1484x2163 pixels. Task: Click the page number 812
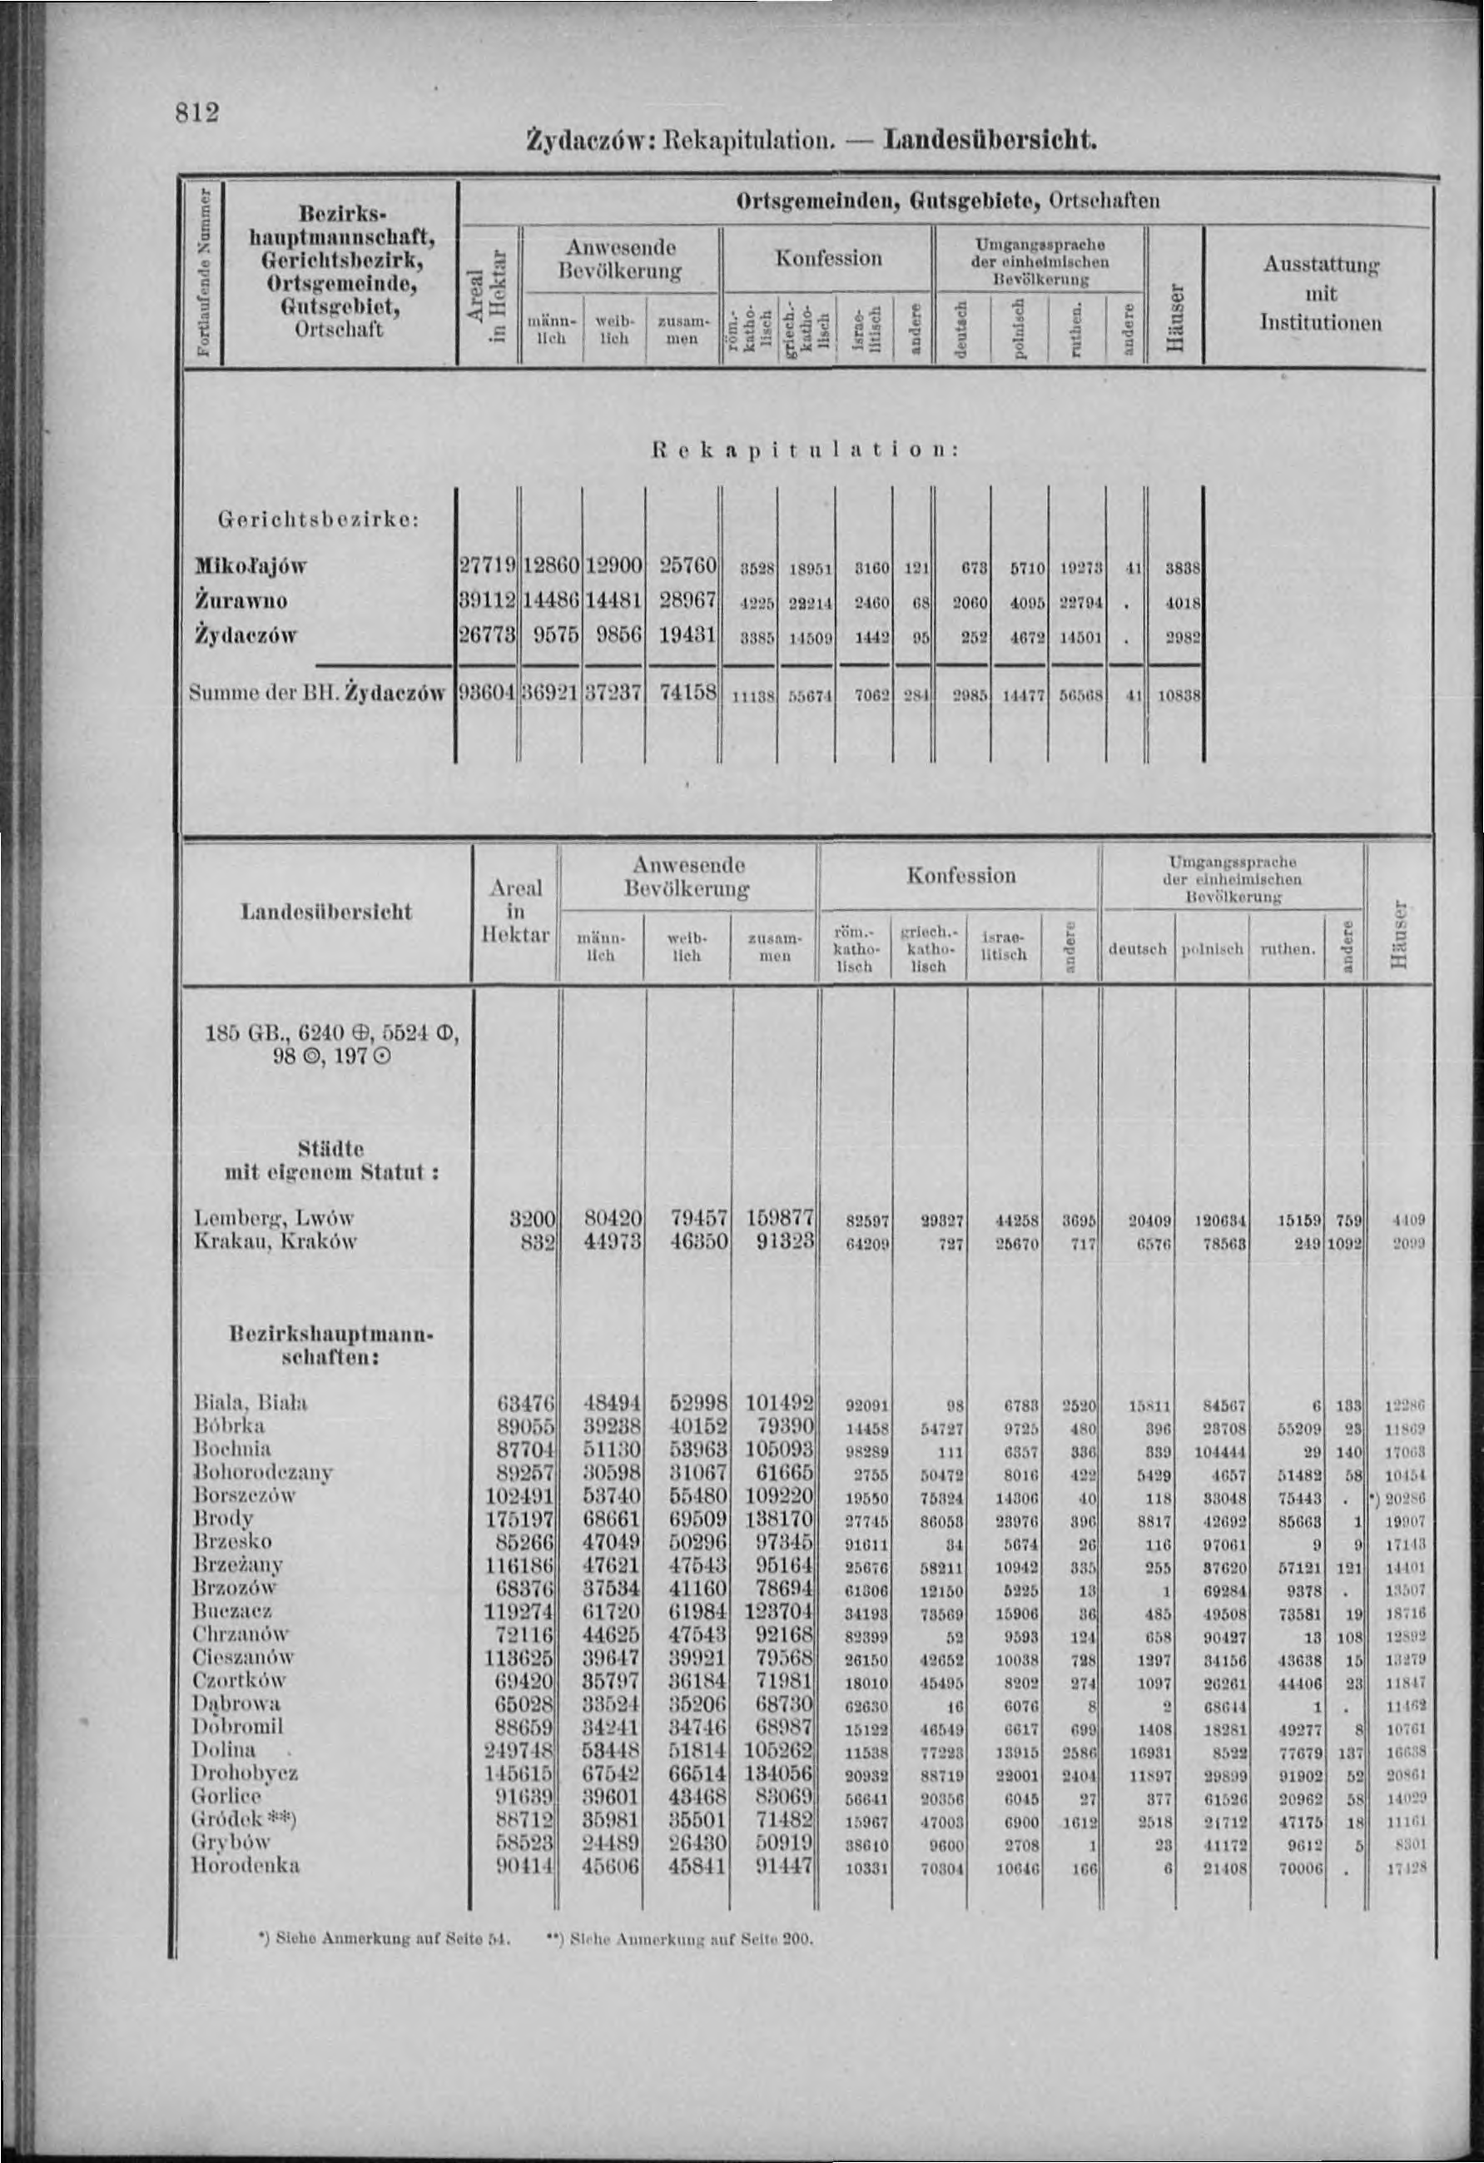point(196,112)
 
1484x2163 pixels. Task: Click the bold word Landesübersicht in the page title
point(990,142)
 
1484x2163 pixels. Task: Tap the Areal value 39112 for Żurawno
point(488,601)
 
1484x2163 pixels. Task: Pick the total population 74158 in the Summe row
point(687,693)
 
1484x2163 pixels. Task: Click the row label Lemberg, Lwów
point(274,1218)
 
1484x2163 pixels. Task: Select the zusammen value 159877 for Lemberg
point(780,1218)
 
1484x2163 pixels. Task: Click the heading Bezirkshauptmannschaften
point(330,1345)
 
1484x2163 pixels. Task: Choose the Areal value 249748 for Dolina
point(519,1750)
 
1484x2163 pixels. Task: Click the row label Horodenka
point(246,1865)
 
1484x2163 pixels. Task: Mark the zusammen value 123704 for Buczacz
point(780,1611)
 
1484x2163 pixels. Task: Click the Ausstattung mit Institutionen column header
point(1319,294)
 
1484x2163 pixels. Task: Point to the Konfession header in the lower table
point(960,875)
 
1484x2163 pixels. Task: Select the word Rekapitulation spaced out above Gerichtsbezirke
point(804,450)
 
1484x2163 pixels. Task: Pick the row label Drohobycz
point(244,1773)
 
